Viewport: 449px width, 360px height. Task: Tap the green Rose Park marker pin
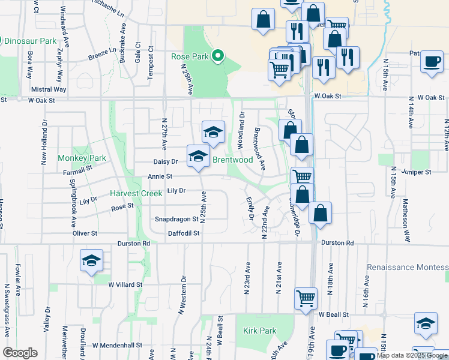pos(218,58)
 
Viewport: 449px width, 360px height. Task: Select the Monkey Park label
pos(82,158)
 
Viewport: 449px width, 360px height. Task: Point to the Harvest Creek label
pos(136,194)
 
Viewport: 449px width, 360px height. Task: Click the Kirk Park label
pos(260,331)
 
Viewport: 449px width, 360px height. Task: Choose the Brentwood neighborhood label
pos(232,160)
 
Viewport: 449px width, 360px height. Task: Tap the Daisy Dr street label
pos(166,161)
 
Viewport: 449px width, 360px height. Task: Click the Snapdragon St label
pos(176,220)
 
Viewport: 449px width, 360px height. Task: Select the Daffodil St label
pos(183,233)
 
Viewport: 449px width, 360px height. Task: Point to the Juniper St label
pos(417,172)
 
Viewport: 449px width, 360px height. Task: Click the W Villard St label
pos(125,285)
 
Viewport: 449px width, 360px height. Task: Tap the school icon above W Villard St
pos(92,261)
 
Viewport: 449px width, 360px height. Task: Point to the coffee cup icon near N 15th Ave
pos(431,61)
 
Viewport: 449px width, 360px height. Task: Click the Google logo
pos(20,352)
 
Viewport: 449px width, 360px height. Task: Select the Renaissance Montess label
pos(408,266)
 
